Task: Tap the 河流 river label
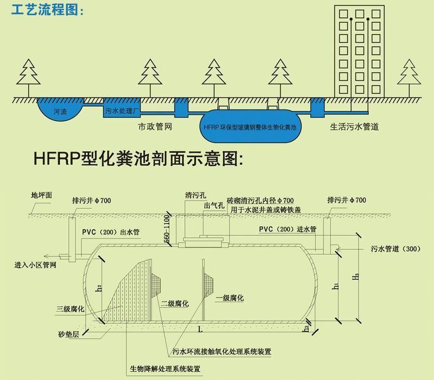tap(60, 112)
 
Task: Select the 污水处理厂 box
tap(122, 111)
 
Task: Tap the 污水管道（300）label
tap(396, 249)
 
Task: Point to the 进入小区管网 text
tap(36, 266)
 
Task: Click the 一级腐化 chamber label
tap(229, 298)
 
